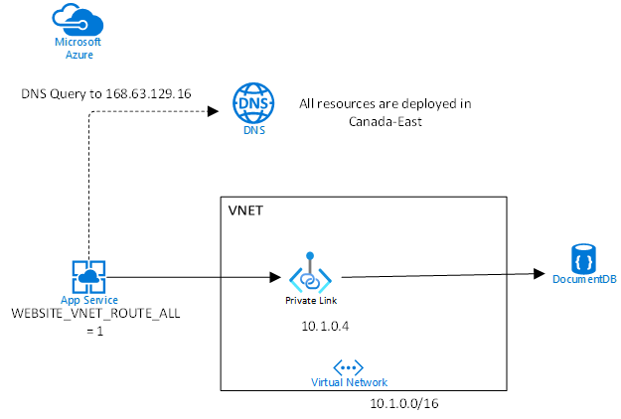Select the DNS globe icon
click(253, 102)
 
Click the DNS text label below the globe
click(253, 130)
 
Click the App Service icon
click(88, 276)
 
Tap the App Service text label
click(88, 300)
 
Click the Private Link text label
click(311, 300)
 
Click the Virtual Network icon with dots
click(349, 366)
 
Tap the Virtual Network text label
click(349, 382)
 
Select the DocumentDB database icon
click(583, 258)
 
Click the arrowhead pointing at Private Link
click(274, 276)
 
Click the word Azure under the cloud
click(78, 54)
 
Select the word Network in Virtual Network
click(368, 382)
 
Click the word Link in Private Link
click(326, 300)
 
